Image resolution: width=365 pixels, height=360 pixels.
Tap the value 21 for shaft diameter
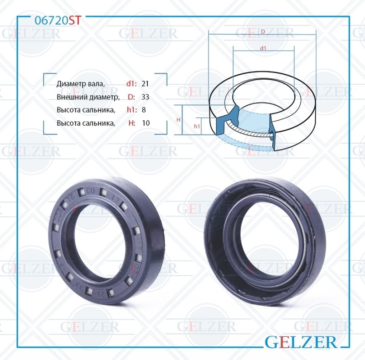point(146,84)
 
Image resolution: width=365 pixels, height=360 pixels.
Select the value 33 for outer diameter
point(146,97)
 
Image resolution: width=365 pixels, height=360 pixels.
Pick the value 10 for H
point(146,123)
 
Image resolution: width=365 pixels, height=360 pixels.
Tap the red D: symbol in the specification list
point(131,97)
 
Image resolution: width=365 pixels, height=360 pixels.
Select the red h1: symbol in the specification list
point(131,110)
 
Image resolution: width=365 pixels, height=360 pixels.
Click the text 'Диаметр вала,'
point(81,84)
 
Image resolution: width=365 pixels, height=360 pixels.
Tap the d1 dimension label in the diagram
point(263,48)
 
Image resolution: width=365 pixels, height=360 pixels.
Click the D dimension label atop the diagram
point(264,31)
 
